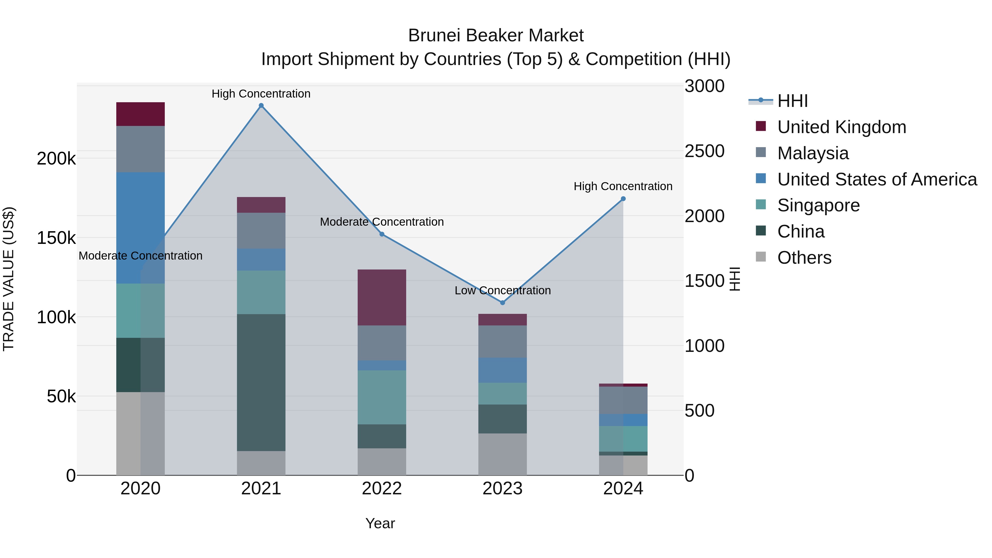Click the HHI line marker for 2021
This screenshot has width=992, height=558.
coord(261,106)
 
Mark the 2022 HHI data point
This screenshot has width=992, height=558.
coord(382,234)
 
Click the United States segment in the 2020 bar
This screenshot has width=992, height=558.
coord(140,228)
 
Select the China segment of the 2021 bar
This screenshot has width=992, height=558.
coord(261,382)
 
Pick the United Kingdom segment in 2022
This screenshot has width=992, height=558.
coord(382,297)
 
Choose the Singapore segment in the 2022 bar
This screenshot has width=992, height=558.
coord(382,397)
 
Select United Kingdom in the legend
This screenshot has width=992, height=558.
coord(842,127)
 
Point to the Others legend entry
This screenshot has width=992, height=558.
coord(804,258)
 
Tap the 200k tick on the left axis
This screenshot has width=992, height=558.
coord(56,158)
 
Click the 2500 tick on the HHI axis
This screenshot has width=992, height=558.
coord(704,151)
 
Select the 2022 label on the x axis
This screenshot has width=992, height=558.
coord(382,489)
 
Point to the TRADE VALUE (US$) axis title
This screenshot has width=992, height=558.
coord(9,279)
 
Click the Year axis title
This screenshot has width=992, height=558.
coord(380,523)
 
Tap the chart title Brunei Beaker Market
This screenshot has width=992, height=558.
coord(496,36)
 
